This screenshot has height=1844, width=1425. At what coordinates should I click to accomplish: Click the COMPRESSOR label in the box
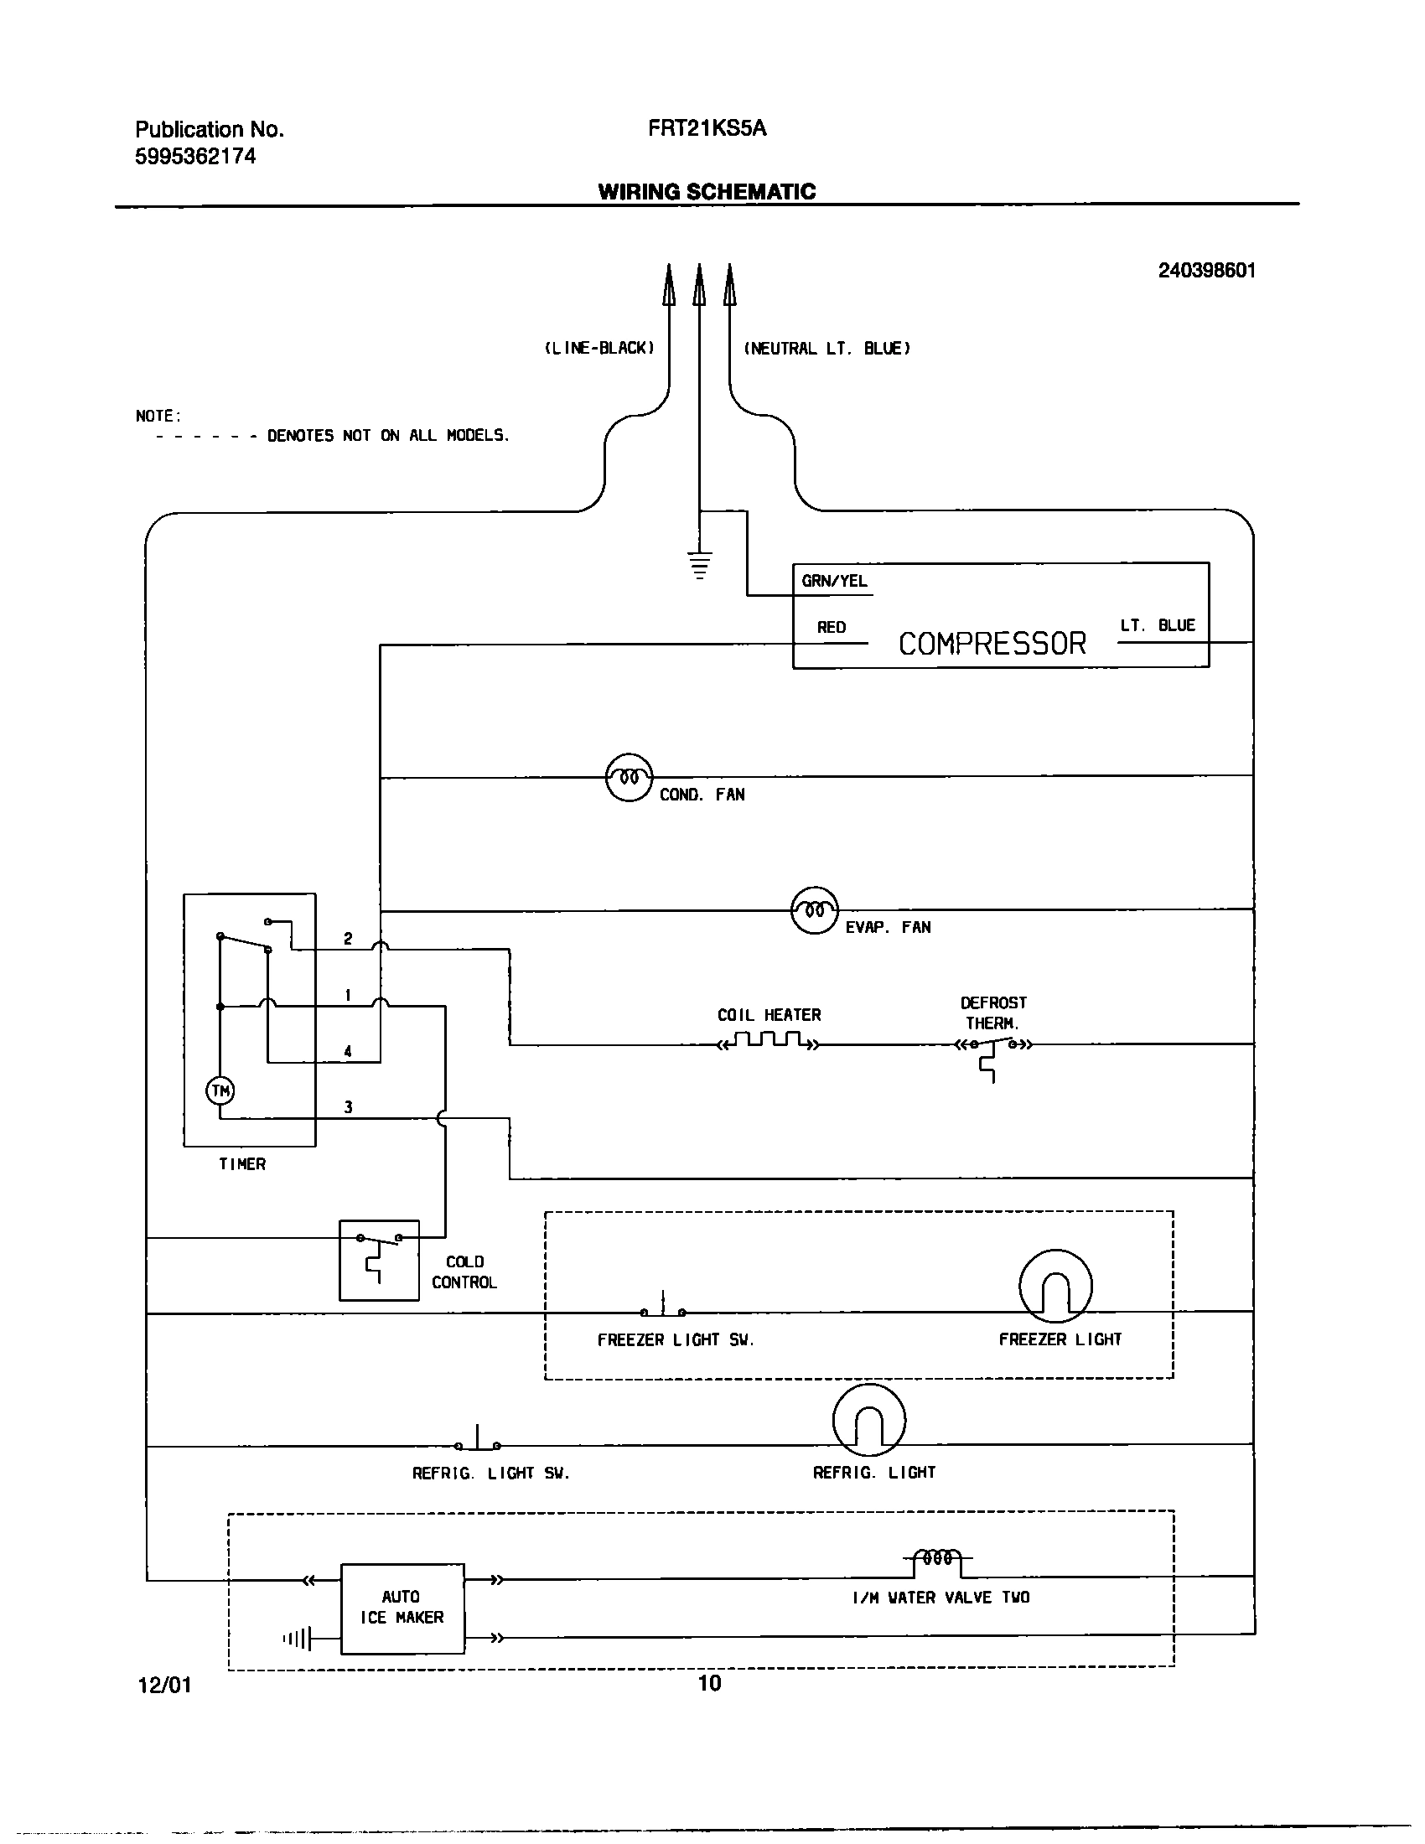coord(992,645)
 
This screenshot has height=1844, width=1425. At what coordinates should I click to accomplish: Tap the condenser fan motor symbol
coord(629,777)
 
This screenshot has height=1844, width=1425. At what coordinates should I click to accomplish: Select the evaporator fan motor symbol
coord(815,910)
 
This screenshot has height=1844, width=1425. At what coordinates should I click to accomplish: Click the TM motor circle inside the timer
coord(220,1090)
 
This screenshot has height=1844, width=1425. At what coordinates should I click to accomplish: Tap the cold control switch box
coord(379,1260)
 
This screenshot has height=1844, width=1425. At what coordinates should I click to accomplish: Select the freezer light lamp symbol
coord(1055,1287)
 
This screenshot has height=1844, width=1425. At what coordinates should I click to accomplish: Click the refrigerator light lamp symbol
coord(868,1420)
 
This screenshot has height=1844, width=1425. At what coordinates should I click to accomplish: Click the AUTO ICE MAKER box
coord(402,1608)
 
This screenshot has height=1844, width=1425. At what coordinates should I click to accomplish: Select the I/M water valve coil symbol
coord(938,1559)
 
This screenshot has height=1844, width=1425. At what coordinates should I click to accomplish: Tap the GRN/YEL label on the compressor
coord(834,581)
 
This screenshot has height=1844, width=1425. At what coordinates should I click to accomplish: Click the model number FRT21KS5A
coord(707,128)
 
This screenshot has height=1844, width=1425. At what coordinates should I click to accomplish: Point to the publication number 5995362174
coord(195,156)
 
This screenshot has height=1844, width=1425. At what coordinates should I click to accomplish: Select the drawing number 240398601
coord(1206,270)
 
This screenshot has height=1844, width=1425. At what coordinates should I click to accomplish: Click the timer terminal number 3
coord(348,1107)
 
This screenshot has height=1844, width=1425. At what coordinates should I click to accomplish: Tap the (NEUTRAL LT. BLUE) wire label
coord(826,348)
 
